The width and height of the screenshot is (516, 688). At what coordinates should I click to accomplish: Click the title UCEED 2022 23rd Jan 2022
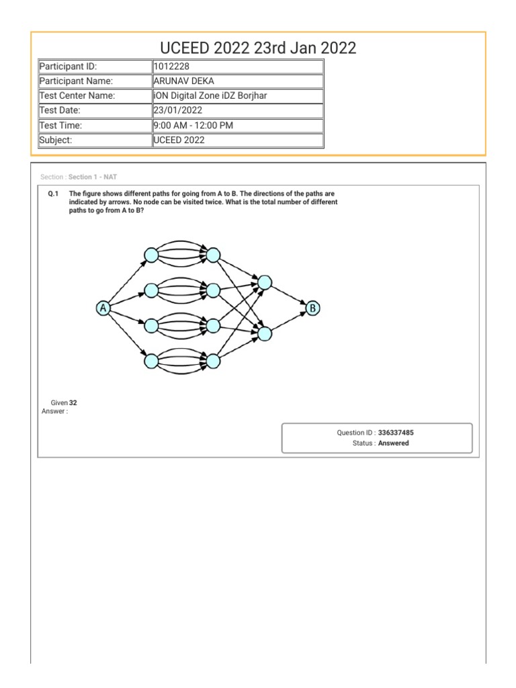coord(258,48)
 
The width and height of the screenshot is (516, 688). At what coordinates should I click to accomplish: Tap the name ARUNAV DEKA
coord(184,81)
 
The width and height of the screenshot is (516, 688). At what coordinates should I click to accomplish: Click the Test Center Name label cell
coord(95,96)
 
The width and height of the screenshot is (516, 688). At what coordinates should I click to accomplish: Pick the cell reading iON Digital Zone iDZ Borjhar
coord(210,96)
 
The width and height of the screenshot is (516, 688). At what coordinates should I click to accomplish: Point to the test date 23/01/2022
coord(178,110)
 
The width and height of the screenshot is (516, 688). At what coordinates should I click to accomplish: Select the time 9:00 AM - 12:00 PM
coord(193,125)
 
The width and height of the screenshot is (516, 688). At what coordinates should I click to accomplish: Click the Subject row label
coord(95,140)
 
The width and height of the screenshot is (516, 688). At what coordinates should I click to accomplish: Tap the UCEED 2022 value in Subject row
coord(179,140)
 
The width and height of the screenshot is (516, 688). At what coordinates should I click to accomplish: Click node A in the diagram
coord(103,308)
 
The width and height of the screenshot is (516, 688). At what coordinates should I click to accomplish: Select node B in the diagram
coord(313,308)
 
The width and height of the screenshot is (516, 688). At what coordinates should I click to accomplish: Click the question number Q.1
coord(54,193)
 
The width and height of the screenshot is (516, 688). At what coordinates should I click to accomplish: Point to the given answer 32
coord(73,403)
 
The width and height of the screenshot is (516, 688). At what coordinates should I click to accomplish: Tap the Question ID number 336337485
coord(401,433)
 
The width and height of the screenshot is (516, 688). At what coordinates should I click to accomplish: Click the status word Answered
coord(393,443)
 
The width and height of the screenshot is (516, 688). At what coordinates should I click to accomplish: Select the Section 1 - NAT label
coord(93,177)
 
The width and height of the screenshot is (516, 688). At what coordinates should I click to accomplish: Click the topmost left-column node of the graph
coord(151,255)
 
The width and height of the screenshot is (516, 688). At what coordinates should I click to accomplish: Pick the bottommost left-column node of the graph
coord(151,361)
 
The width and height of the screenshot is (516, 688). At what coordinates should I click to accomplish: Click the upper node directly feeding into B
coord(265,283)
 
